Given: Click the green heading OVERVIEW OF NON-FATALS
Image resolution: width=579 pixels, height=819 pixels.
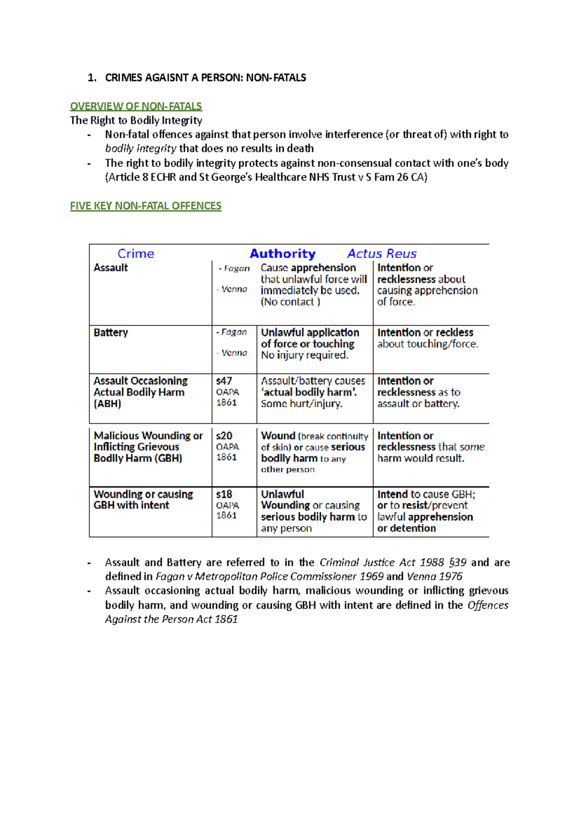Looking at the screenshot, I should coord(136,106).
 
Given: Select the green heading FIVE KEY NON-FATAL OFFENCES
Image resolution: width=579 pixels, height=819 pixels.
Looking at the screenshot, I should coord(145,206).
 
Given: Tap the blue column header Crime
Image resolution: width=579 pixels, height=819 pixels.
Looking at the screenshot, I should coord(136,254).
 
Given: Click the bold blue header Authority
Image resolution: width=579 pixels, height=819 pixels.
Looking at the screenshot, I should coord(282,254).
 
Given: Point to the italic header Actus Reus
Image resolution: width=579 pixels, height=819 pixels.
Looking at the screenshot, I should coord(382,254).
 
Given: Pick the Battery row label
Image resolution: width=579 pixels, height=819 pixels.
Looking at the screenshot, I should coord(110,332).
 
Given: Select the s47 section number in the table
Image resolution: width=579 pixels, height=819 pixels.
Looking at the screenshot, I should coord(224,381).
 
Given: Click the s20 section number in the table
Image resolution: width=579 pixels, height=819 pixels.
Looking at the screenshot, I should coord(224,436).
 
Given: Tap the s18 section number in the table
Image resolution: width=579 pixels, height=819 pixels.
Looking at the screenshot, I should coord(224,494).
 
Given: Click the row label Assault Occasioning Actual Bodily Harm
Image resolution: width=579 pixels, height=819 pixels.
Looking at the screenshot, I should coord(140,392).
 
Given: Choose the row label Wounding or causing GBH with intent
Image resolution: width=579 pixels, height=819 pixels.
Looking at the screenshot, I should coord(143,500).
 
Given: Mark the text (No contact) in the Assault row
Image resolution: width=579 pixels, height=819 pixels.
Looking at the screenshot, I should coord(290,302).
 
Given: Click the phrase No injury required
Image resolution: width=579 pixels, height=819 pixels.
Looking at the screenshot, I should coord(304,355).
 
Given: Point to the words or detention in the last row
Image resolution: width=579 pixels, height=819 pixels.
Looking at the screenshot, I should coord(406,528).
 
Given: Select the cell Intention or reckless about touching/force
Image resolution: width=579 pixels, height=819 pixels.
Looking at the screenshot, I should coord(427,338).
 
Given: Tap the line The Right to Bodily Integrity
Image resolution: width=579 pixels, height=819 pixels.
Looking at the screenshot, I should coord(136,121).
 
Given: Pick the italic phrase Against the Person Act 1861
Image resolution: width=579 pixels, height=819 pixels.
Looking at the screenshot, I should coord(171,619).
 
